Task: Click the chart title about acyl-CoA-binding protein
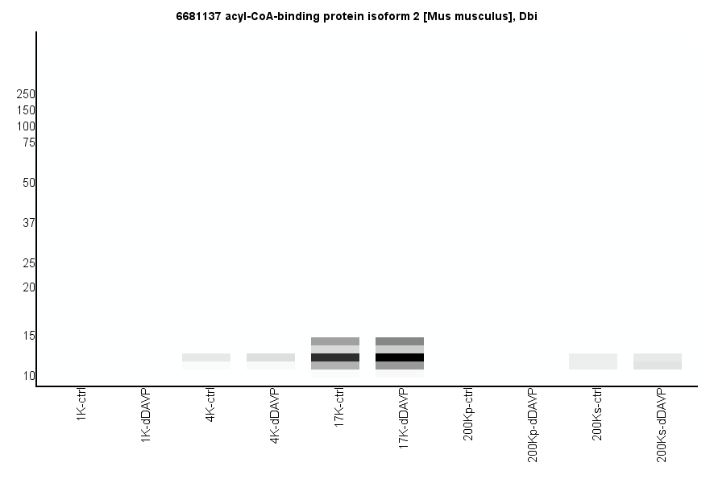(356, 16)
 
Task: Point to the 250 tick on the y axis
(26, 94)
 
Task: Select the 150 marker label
(26, 110)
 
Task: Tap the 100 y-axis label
(26, 126)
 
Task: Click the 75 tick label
(29, 142)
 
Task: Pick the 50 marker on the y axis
(29, 183)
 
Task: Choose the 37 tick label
(29, 223)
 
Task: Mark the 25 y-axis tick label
(29, 263)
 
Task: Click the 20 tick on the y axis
(29, 287)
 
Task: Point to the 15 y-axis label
(29, 336)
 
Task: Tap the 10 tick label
(29, 376)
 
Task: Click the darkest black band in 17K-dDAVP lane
(400, 357)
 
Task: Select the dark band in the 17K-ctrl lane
(335, 357)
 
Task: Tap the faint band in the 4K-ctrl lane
(206, 357)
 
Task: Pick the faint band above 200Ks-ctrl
(593, 361)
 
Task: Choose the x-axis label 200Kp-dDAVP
(533, 425)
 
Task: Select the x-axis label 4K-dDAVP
(275, 416)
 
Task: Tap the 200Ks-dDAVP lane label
(662, 425)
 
